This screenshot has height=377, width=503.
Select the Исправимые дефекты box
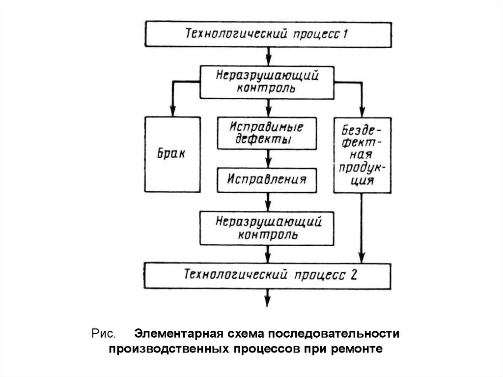click(x=267, y=133)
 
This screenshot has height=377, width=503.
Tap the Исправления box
click(x=267, y=179)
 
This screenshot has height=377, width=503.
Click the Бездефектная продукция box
click(x=362, y=154)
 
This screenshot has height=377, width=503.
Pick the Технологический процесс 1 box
click(x=268, y=34)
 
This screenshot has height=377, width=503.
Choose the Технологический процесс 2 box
click(x=268, y=275)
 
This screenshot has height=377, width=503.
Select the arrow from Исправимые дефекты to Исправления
click(x=268, y=158)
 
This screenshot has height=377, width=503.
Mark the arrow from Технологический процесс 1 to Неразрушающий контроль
click(x=268, y=56)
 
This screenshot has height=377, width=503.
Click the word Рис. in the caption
click(x=103, y=334)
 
